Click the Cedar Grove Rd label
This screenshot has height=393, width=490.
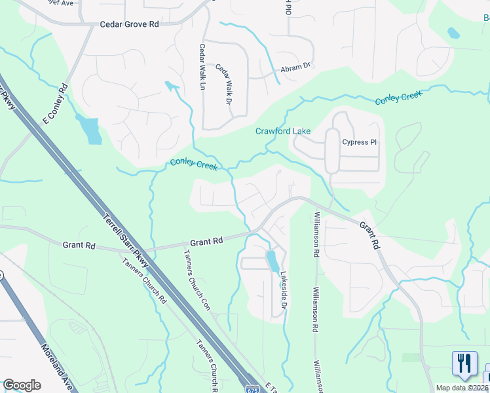(129, 24)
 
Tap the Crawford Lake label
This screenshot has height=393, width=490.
(282, 132)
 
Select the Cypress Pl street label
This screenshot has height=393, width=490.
(360, 142)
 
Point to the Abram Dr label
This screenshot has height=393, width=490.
(295, 67)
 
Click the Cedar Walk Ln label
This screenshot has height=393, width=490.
(202, 67)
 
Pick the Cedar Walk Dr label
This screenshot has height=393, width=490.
(225, 86)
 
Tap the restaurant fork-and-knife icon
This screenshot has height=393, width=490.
(464, 364)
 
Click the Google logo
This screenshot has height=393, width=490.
(22, 385)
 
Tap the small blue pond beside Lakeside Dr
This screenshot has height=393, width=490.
(271, 261)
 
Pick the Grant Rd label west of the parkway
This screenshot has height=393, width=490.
(79, 246)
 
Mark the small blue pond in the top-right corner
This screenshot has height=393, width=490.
(453, 33)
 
